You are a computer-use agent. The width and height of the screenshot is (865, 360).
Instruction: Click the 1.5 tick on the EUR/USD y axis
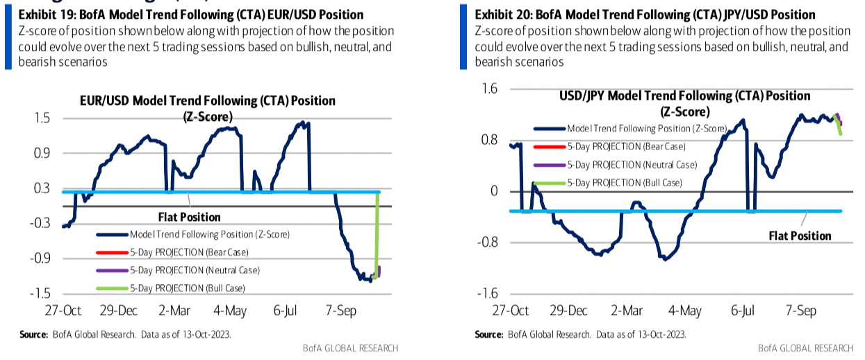pos(40,118)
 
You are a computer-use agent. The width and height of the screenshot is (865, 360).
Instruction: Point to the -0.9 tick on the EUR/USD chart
pos(38,259)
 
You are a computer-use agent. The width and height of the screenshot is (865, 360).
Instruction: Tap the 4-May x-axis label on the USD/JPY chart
pos(685,311)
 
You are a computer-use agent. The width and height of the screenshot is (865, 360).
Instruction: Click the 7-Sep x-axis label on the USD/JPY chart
pos(800,311)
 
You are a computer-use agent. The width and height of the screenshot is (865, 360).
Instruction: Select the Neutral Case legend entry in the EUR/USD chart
pos(192,270)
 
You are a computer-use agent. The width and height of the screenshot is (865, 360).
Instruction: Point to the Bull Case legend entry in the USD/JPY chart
pos(625,183)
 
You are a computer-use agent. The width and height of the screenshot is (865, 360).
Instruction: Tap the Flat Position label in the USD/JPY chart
pos(800,236)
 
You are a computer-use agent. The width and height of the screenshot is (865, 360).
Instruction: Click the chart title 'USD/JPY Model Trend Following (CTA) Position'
pos(685,96)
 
